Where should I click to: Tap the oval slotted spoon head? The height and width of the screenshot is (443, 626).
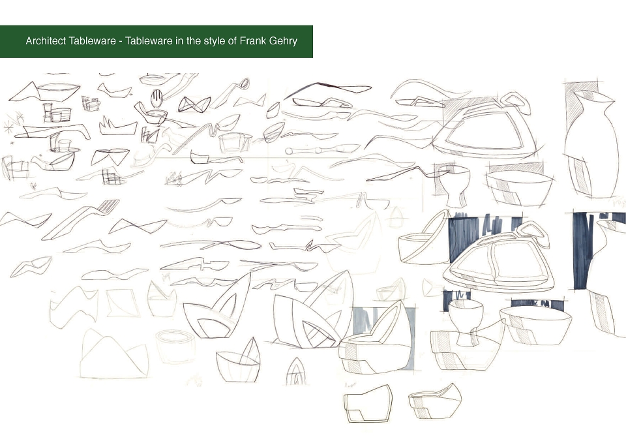click(x=157, y=98)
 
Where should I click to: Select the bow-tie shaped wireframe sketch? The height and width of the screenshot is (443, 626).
click(x=194, y=104)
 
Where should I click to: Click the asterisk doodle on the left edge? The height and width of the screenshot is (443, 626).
click(x=8, y=129)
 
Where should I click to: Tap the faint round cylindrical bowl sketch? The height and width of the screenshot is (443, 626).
click(x=175, y=346)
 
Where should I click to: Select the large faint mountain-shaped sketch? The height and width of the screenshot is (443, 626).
click(x=113, y=355)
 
